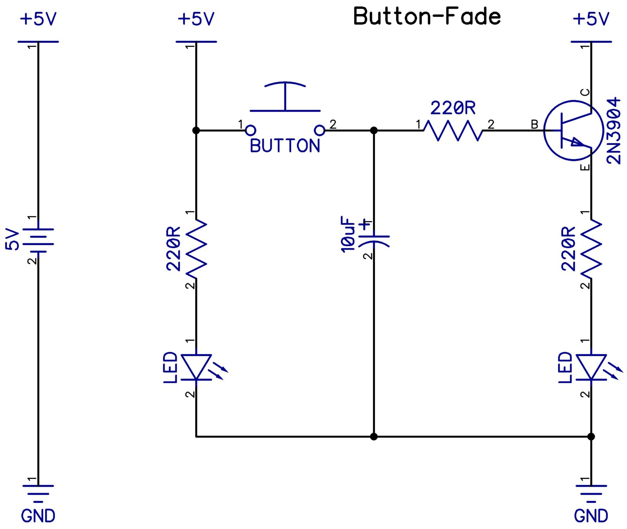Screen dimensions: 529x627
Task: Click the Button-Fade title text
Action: [x=427, y=16]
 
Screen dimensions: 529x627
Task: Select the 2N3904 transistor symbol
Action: [x=573, y=130]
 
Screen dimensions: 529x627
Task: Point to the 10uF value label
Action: [x=348, y=234]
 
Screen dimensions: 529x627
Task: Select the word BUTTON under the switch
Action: [x=285, y=146]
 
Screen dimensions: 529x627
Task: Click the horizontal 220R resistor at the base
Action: [x=453, y=130]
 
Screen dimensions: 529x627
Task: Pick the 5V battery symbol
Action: [x=38, y=240]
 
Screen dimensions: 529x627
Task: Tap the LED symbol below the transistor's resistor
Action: [x=591, y=367]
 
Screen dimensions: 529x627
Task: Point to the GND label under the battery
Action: [x=38, y=516]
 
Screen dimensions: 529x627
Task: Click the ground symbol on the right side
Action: [x=591, y=492]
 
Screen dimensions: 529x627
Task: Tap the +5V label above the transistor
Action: [x=591, y=19]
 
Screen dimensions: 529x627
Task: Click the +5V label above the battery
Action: [x=38, y=19]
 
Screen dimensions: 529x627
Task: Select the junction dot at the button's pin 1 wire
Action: [x=196, y=130]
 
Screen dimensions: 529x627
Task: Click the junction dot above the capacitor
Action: [x=374, y=130]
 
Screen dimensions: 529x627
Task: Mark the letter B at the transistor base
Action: [x=535, y=125]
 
